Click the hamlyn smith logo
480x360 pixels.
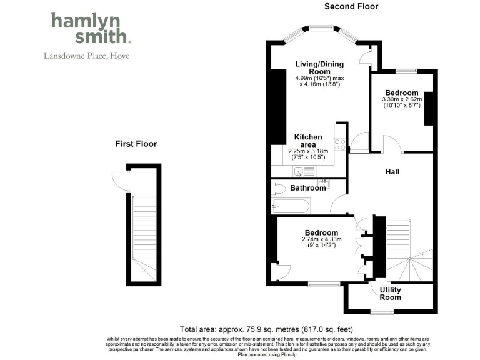click(91, 29)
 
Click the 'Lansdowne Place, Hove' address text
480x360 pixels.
click(86, 55)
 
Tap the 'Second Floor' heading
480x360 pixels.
click(351, 7)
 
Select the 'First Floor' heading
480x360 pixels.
click(136, 144)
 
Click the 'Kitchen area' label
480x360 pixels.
click(309, 141)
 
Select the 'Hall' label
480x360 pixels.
click(392, 172)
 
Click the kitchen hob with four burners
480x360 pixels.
click(341, 144)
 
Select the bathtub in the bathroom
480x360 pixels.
click(289, 205)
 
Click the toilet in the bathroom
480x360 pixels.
click(279, 188)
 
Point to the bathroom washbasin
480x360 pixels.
click(323, 182)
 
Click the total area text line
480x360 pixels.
click(266, 329)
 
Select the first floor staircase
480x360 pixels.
click(144, 231)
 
